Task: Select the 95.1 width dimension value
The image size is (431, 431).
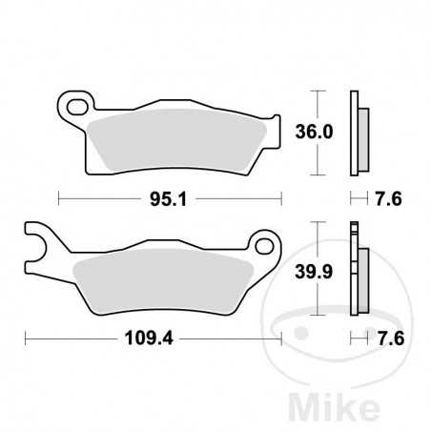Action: tap(168, 199)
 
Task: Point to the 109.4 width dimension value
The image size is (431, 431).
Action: tap(148, 338)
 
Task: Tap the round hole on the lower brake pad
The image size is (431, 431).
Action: tap(260, 247)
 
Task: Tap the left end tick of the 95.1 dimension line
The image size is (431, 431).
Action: tap(59, 199)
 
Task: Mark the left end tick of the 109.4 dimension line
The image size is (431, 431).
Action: tap(26, 338)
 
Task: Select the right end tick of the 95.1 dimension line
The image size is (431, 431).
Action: tap(282, 199)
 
